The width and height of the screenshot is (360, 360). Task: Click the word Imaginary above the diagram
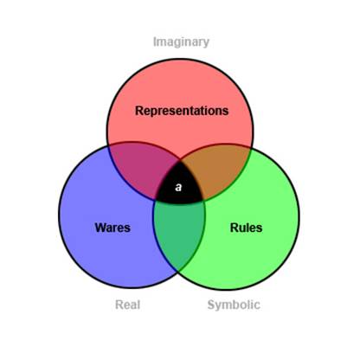(181, 42)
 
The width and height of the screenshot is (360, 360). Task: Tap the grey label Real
(128, 305)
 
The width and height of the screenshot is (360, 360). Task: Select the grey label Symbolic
(234, 305)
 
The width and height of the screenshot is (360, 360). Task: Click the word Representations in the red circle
(182, 111)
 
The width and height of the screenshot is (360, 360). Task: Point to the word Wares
(112, 228)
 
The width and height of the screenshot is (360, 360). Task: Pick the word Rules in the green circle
(246, 228)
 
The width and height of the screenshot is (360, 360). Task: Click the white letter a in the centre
(178, 187)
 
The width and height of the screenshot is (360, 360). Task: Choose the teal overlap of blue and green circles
(179, 231)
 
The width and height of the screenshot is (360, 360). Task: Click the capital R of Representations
(139, 111)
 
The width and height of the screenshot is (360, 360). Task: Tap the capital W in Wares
(100, 228)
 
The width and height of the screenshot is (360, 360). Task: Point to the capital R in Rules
(234, 228)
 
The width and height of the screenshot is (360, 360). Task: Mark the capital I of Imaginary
(154, 42)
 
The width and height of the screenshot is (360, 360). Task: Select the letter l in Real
(138, 305)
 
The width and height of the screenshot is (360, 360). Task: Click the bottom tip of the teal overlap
(178, 271)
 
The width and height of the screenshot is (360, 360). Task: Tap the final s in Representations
(226, 112)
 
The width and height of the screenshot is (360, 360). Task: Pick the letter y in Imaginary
(206, 43)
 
